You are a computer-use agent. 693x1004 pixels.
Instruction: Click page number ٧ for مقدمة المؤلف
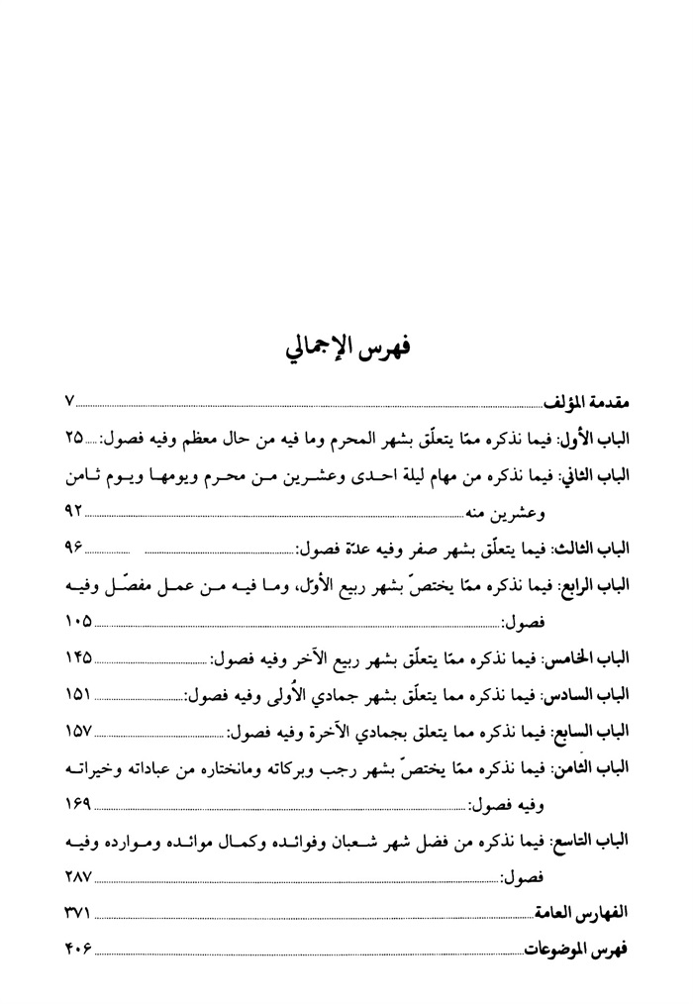[x=70, y=402]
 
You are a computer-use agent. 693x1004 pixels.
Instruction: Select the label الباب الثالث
[x=597, y=548]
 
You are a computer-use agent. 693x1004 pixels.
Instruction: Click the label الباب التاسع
[x=597, y=840]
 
